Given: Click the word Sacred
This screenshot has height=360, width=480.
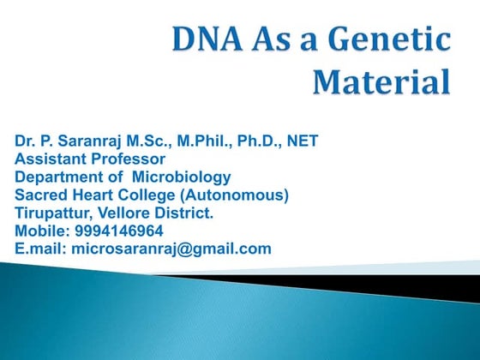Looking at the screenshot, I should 39,195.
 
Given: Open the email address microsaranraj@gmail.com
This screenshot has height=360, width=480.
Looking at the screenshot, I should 171,249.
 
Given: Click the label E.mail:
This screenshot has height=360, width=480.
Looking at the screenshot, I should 40,249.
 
